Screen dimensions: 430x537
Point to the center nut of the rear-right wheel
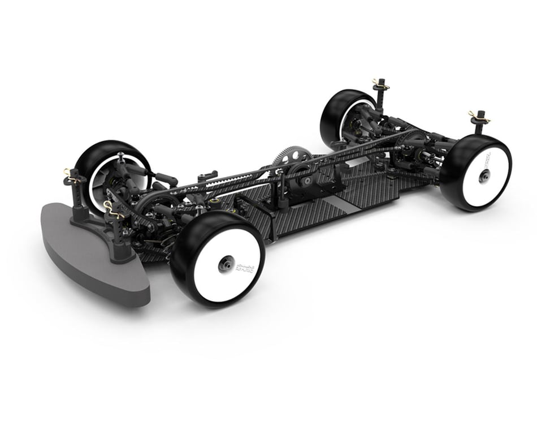(483, 176)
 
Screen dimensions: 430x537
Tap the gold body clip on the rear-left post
(380, 84)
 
